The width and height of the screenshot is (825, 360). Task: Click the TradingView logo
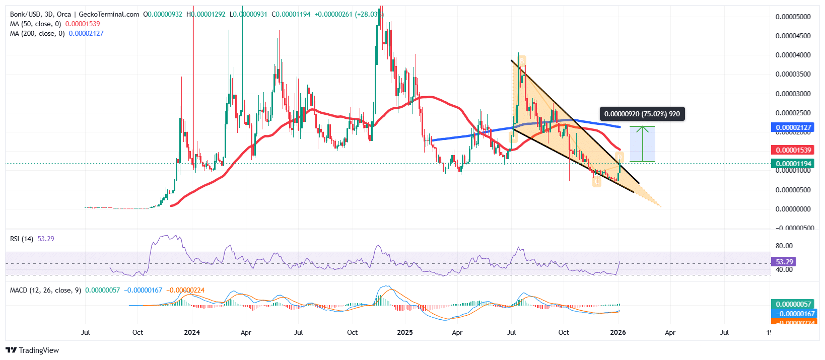pos(32,350)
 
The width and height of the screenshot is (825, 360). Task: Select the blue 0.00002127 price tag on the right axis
pos(793,127)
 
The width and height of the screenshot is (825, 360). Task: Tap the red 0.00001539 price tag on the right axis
pos(793,150)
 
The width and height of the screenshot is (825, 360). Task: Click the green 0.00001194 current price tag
pos(793,163)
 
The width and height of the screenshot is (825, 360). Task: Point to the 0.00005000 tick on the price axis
pos(793,17)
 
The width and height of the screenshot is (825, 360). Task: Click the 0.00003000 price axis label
pos(793,94)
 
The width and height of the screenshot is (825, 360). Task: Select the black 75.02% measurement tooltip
pos(642,114)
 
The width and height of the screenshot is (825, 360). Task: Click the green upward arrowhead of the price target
pos(642,129)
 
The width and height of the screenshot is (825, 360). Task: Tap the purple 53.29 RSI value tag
pos(784,262)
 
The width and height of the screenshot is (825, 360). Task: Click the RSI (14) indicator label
pos(22,239)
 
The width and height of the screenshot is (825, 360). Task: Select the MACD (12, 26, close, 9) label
pos(45,290)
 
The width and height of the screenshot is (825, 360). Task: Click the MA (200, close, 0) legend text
pos(37,33)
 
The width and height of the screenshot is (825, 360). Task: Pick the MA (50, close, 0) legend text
pos(35,24)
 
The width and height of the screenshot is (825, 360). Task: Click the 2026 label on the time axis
pos(617,332)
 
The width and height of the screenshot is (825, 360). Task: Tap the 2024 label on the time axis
pos(192,332)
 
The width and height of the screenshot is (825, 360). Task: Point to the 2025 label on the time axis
pos(405,332)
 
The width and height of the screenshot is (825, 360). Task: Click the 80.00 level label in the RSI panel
pos(784,246)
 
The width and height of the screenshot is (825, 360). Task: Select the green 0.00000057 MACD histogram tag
pos(793,304)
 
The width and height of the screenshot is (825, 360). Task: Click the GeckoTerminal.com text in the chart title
pos(109,14)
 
